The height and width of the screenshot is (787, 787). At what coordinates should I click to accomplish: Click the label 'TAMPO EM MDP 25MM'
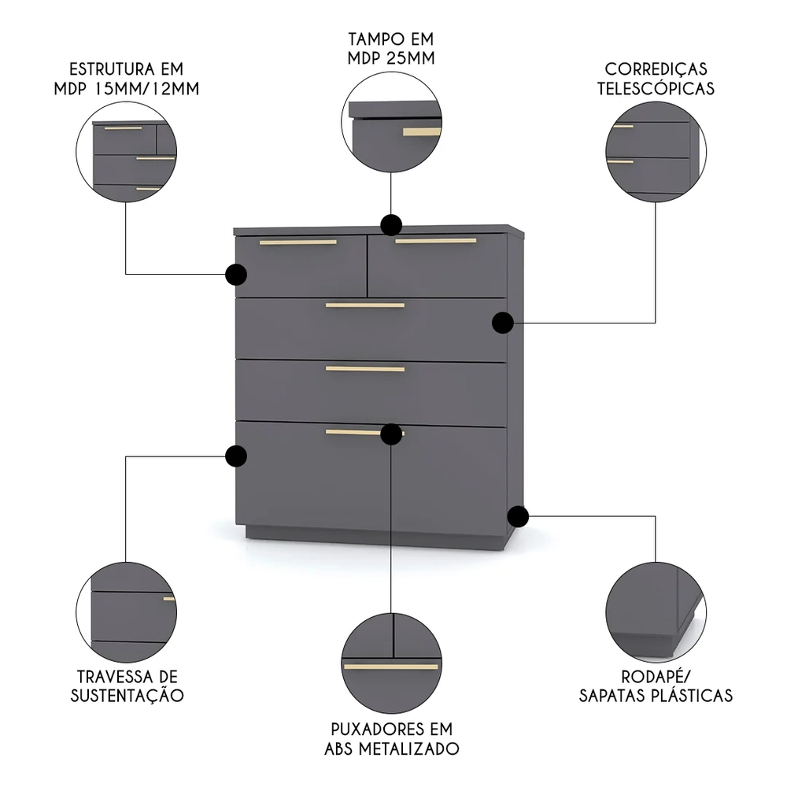coord(391,48)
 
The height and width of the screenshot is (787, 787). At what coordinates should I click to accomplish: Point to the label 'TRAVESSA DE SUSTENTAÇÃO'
coord(127,685)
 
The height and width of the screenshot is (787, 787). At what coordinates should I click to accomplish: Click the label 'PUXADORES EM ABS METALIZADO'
coord(391,738)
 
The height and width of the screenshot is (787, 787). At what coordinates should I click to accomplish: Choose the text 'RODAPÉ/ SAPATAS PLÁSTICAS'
coord(656,685)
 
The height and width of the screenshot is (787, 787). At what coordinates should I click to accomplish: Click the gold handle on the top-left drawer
coord(297,242)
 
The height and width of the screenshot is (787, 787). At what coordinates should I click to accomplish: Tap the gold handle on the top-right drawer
coord(435,241)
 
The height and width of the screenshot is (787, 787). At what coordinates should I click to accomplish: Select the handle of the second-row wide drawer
coord(364,305)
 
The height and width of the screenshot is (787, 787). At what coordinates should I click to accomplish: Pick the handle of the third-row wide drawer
coord(364,368)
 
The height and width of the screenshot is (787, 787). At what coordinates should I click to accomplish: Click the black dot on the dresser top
coord(391,225)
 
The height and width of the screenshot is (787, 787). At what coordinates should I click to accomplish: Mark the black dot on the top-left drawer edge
coord(235,274)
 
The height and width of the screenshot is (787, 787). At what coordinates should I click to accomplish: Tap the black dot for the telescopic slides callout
coord(503,322)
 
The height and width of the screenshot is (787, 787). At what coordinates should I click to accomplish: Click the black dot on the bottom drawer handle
coord(391,434)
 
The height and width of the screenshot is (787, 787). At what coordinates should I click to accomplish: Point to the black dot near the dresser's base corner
coord(518,516)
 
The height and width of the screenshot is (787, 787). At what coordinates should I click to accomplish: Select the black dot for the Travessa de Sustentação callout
coord(235,456)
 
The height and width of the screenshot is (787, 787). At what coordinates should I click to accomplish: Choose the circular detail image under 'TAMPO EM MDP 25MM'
coord(391,126)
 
